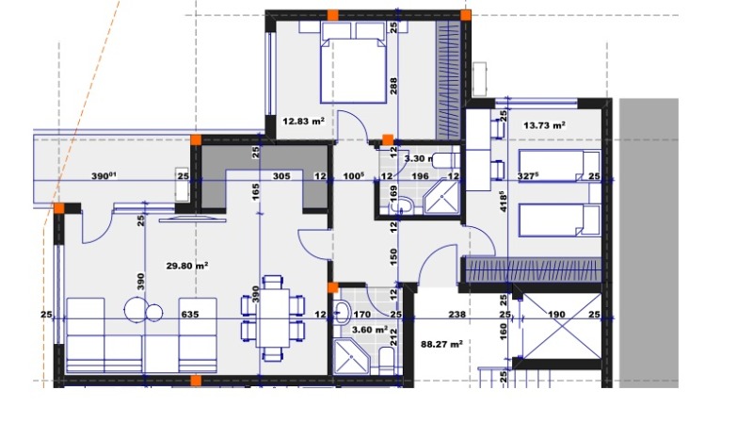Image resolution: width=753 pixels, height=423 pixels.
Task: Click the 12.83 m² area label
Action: pos(304,121)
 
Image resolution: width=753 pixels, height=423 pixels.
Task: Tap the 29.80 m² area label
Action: pos(186,266)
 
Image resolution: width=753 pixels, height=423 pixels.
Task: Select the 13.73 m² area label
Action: pos(544,124)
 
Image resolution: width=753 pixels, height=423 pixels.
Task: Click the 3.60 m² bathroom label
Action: pos(368,330)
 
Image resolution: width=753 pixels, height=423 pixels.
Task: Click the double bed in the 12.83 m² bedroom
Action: pos(354,62)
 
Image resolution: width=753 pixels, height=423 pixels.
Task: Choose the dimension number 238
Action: pos(457,315)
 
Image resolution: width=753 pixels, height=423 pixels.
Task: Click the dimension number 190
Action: pos(556,315)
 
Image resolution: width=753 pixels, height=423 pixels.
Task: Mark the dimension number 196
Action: pos(421,176)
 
